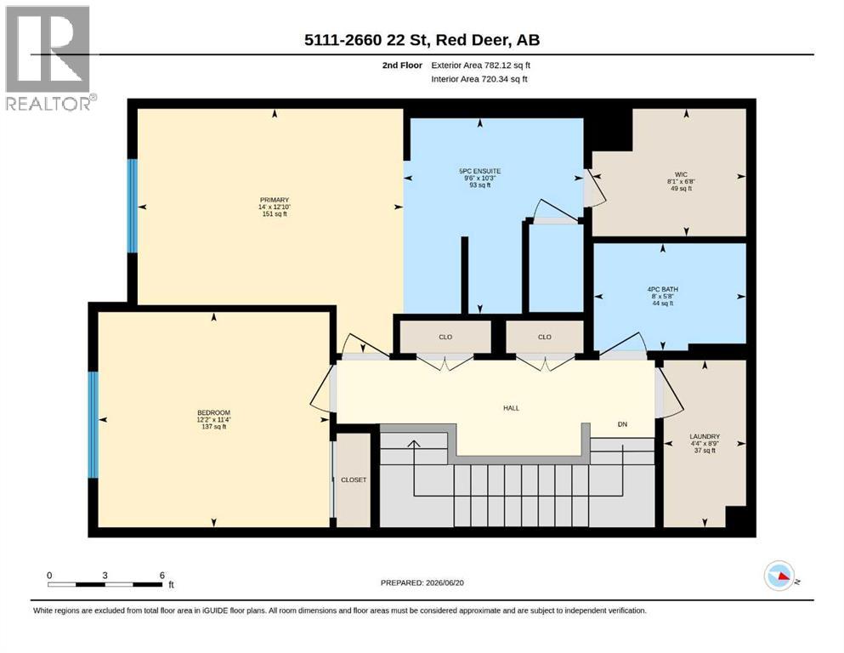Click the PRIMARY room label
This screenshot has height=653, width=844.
275,200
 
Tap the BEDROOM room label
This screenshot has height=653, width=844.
213,412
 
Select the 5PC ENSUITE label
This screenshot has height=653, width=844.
479,171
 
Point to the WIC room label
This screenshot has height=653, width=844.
681,174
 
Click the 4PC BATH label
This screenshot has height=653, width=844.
663,289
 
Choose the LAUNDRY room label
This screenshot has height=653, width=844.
705,436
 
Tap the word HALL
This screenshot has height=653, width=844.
512,408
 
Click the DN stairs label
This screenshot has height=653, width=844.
622,424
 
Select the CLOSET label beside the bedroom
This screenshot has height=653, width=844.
354,480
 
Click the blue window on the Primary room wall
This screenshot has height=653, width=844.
132,206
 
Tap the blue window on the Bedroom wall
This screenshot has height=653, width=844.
93,425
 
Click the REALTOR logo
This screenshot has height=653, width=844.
49,58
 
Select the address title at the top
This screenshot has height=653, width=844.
422,40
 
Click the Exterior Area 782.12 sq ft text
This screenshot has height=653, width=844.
481,65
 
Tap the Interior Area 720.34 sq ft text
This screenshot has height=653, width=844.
479,79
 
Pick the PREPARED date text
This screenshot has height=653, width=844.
422,582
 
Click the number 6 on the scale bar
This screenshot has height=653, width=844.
162,576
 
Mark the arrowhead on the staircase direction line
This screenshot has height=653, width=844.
413,443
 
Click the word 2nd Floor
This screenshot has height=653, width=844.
402,65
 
